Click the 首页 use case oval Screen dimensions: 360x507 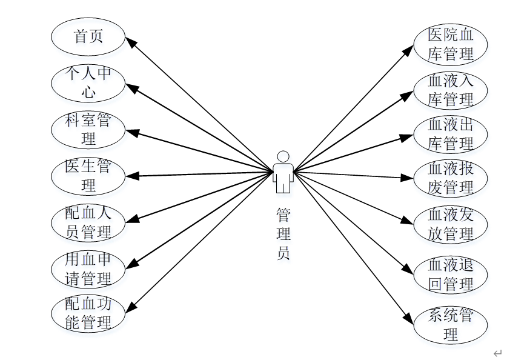tap(88, 37)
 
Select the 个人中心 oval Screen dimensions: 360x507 tap(88, 83)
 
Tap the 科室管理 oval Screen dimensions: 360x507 tap(88, 129)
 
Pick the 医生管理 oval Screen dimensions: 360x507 tap(88, 176)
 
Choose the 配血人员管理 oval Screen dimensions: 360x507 tap(88, 222)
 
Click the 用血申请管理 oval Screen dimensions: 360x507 tap(88, 268)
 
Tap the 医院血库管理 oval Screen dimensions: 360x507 tap(450, 44)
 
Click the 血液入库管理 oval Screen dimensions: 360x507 tap(450, 90)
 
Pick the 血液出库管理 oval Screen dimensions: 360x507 tap(450, 135)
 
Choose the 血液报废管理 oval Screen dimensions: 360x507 tap(450, 179)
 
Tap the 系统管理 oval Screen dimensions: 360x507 tap(450, 325)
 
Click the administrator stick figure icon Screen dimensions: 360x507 tap(283, 172)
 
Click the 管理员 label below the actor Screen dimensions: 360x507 tap(283, 234)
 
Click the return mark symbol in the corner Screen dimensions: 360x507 tap(497, 353)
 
